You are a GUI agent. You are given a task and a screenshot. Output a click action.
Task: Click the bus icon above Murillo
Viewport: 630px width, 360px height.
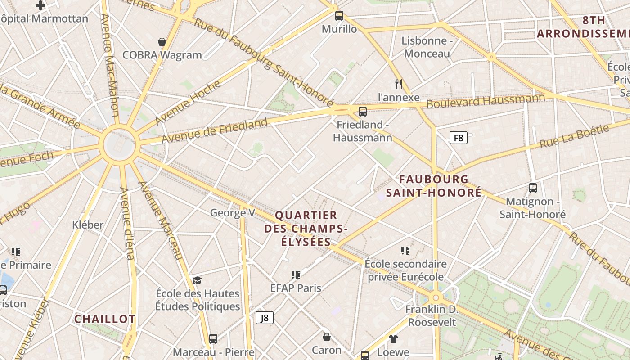339,16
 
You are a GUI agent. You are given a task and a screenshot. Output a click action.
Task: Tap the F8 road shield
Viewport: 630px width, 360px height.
459,138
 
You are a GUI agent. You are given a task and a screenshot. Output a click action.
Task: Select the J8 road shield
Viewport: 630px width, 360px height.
265,318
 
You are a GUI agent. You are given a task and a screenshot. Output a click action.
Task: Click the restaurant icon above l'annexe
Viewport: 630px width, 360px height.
398,84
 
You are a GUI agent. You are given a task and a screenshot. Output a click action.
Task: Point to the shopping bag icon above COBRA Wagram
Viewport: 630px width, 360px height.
162,42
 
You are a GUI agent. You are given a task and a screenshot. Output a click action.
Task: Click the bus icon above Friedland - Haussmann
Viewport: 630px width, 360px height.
362,111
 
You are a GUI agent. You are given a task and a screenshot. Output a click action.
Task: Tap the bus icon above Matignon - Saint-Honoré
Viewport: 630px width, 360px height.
533,188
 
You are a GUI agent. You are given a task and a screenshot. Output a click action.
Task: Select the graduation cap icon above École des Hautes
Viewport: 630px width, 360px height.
197,281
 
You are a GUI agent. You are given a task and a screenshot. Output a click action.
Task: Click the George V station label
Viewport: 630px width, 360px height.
232,212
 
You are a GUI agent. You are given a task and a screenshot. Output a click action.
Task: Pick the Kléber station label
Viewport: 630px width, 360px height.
88,225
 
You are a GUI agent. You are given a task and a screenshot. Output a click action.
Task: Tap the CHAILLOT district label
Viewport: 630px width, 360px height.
105,319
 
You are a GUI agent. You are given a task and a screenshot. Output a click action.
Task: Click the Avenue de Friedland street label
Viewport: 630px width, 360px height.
215,130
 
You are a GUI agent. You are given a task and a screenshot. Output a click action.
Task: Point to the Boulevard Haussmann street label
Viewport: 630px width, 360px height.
486,101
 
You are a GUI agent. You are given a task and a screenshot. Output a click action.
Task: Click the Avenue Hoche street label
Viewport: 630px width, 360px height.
188,103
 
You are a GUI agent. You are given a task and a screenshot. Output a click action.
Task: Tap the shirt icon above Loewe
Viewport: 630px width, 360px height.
393,338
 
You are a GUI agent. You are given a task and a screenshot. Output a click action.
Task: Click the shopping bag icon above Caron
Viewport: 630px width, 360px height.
327,337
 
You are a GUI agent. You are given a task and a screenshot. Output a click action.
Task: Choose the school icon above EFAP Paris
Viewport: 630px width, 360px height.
296,274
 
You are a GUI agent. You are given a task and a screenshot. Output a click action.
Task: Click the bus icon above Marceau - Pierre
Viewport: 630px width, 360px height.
213,338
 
